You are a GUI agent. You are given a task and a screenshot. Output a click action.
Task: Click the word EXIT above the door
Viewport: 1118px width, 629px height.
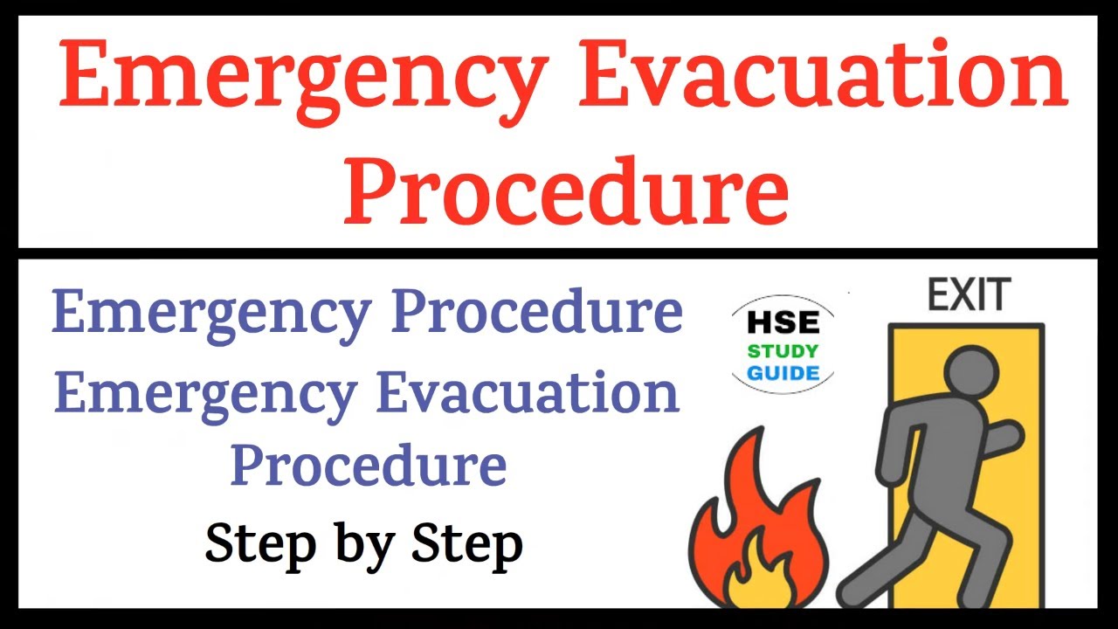click(x=969, y=295)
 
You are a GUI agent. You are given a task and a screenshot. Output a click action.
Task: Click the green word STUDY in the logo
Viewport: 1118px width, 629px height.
click(x=783, y=352)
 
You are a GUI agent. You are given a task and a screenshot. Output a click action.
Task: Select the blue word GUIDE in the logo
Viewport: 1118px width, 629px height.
click(x=783, y=374)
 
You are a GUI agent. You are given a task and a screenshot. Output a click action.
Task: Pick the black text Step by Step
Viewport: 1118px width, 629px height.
click(x=363, y=543)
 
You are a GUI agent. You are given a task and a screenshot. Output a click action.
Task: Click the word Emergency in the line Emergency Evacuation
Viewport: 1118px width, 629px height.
click(x=204, y=395)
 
